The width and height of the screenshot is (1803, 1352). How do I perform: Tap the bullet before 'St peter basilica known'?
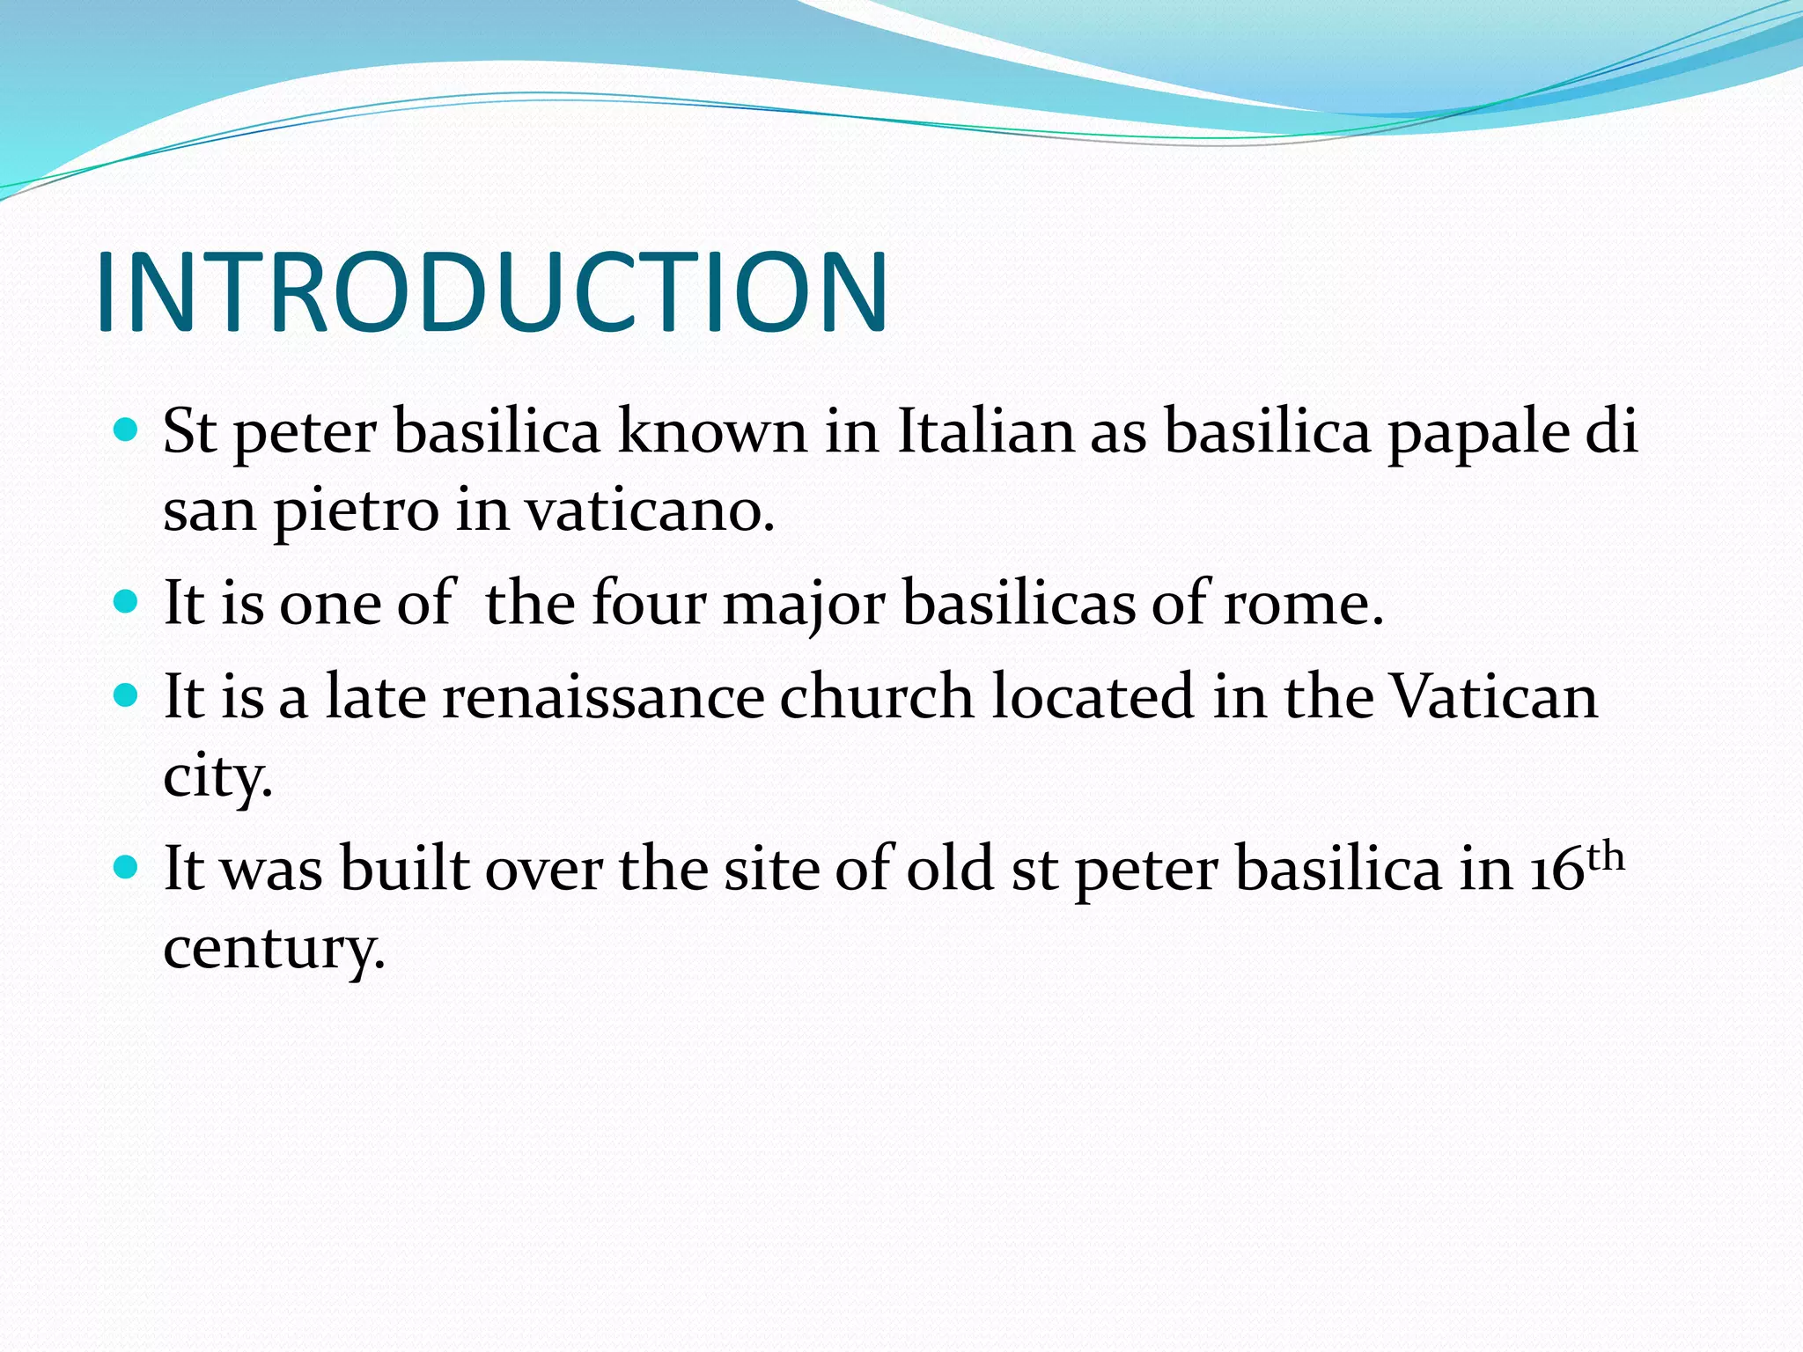(x=127, y=430)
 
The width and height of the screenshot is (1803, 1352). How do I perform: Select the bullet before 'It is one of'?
(x=127, y=602)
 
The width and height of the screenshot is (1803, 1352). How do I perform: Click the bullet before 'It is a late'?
(x=127, y=695)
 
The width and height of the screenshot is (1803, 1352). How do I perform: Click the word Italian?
(x=985, y=431)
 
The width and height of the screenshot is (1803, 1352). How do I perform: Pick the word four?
(x=649, y=604)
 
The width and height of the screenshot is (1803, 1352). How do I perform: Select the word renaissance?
(x=603, y=697)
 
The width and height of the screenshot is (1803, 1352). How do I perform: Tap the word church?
(x=877, y=697)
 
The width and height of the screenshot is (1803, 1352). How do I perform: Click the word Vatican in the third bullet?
(x=1493, y=697)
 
